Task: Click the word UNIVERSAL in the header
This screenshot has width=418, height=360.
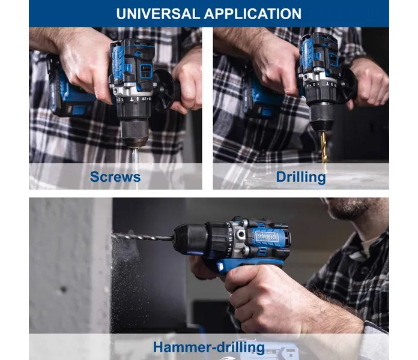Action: pyautogui.click(x=158, y=14)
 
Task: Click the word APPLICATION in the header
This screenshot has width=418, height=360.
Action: pyautogui.click(x=253, y=14)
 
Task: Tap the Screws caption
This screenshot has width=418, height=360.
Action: pyautogui.click(x=115, y=176)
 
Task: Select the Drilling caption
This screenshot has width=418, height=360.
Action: pyautogui.click(x=301, y=177)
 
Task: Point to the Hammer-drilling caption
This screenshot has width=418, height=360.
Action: pyautogui.click(x=209, y=347)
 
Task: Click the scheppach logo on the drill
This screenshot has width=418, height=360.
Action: pyautogui.click(x=267, y=236)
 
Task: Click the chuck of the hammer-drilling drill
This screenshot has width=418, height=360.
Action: pyautogui.click(x=190, y=238)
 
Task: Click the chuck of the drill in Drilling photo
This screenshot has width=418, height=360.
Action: pyautogui.click(x=321, y=117)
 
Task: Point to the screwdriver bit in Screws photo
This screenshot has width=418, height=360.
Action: pyautogui.click(x=135, y=163)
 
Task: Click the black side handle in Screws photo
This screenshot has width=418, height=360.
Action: pyautogui.click(x=165, y=89)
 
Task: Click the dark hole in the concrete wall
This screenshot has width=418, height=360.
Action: pyautogui.click(x=64, y=289)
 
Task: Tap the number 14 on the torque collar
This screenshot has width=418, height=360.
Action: pyautogui.click(x=229, y=250)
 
